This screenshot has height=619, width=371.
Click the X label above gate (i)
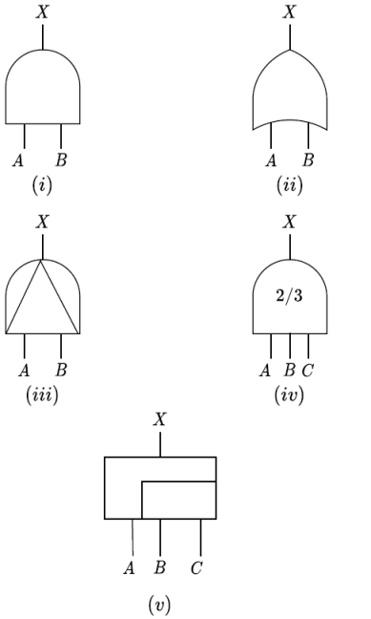pos(42,12)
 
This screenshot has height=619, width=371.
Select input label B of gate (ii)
pos(308,160)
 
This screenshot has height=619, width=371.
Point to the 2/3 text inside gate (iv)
pos(289,297)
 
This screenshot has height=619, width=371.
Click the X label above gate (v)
pos(159,419)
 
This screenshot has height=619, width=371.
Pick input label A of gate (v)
pos(129,567)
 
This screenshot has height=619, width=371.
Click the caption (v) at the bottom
pos(159,605)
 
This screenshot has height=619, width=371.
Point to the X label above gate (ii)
pos(290,12)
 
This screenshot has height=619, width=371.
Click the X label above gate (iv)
pos(289,222)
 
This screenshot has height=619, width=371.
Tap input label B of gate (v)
pos(159,567)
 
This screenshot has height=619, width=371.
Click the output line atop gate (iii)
pos(42,246)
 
